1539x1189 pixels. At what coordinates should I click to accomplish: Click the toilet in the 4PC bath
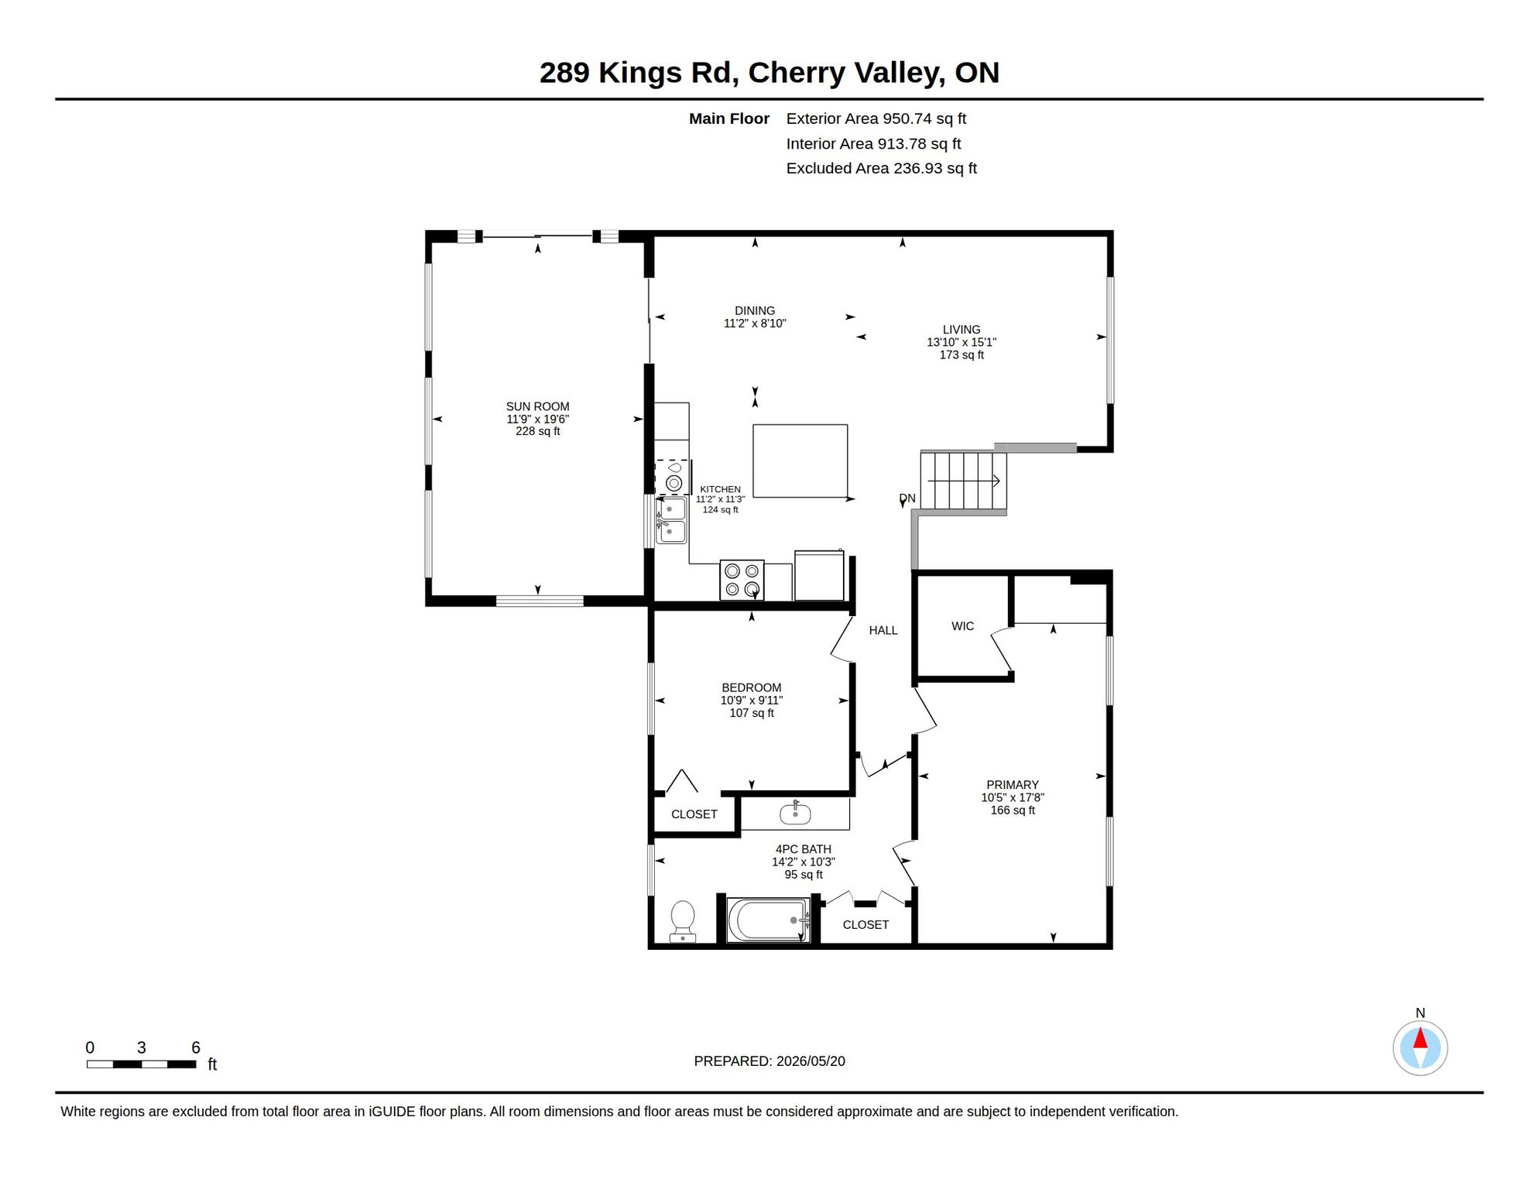tap(682, 920)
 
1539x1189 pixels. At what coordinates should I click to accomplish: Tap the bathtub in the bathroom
tap(768, 920)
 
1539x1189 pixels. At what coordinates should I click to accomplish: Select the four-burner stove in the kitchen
tap(742, 580)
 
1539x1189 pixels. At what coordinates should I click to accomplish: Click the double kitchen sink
tap(671, 520)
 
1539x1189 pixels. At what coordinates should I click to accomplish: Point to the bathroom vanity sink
tap(795, 813)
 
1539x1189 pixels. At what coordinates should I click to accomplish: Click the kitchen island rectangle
tap(800, 461)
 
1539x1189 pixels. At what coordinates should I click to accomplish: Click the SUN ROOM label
tap(538, 406)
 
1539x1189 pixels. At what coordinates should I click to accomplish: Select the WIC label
tap(963, 626)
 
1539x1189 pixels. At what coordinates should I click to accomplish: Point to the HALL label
tap(883, 631)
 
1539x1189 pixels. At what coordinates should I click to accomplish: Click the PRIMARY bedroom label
tap(1013, 785)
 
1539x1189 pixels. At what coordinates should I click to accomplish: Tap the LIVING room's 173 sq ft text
tap(961, 355)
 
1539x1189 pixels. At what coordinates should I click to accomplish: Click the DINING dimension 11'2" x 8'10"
tap(755, 324)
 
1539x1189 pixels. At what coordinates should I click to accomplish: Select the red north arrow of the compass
tap(1421, 1037)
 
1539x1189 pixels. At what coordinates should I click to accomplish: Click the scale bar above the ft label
tap(141, 1064)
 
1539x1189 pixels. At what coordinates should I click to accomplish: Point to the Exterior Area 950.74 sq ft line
tap(876, 118)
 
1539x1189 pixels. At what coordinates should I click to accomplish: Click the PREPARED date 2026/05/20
tap(811, 1061)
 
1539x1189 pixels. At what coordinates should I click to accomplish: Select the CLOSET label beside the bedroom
tap(694, 814)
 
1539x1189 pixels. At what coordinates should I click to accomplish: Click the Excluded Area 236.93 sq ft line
tap(882, 168)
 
